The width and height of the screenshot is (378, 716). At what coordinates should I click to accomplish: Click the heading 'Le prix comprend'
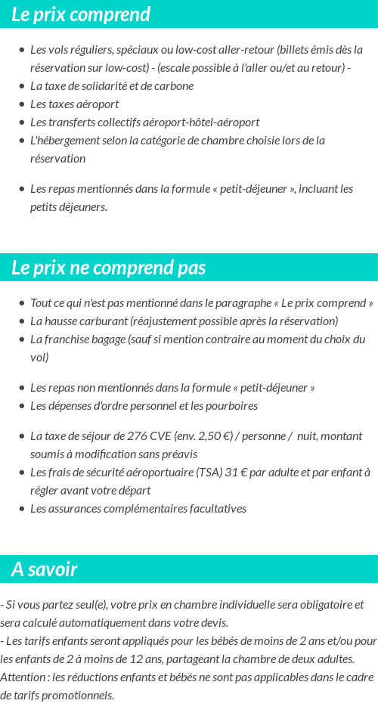pos(81,14)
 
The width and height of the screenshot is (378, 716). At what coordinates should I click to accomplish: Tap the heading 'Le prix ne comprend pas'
pos(109,268)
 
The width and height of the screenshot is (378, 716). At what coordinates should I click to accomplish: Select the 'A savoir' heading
pos(45,569)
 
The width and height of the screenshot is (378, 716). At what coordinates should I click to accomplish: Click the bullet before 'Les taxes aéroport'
pos(22,104)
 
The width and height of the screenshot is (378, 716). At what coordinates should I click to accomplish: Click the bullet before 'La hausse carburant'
pos(22,321)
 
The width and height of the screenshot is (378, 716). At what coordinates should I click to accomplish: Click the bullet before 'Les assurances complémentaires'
pos(22,509)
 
